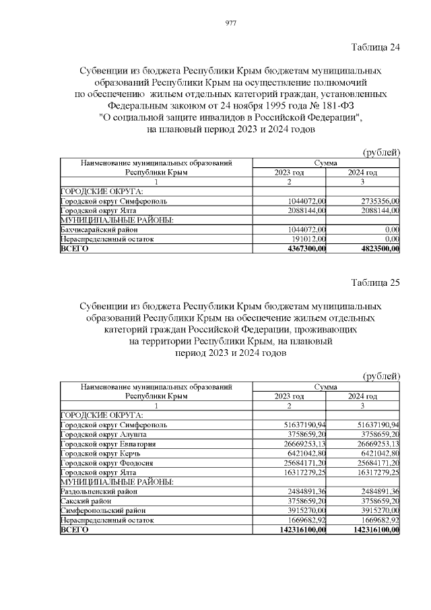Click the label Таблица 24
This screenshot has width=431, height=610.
pos(376,47)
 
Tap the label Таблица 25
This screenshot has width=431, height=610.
pos(376,282)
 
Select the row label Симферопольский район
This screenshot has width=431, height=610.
pos(96,511)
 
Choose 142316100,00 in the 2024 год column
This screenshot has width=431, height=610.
pos(372,530)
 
